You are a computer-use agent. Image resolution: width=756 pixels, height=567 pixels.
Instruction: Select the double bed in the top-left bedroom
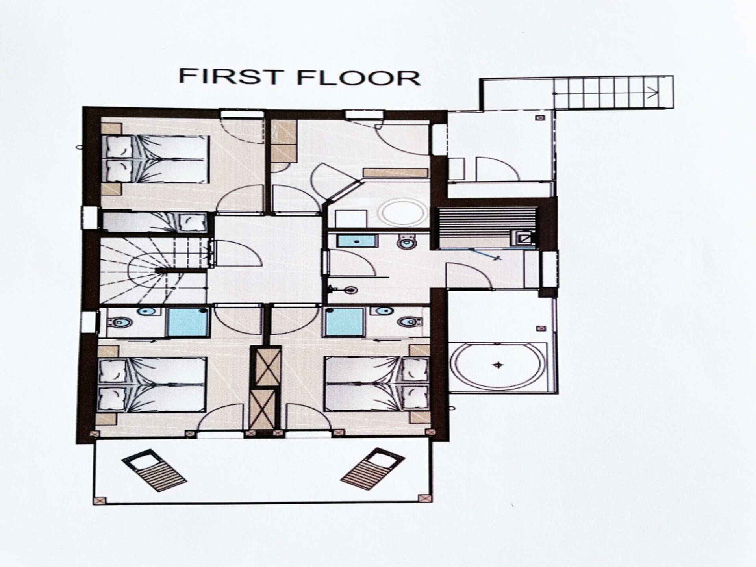155,159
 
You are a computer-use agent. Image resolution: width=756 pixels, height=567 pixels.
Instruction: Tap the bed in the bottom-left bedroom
152,384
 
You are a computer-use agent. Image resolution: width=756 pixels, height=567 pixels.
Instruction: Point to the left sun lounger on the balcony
154,470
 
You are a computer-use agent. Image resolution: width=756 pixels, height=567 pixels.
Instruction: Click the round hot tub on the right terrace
497,365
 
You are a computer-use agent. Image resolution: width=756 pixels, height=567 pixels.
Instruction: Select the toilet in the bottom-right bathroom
409,322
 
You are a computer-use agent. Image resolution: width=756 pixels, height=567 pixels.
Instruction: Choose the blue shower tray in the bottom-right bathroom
344,321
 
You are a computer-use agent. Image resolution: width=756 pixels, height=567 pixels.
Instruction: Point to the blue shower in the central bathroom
358,241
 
